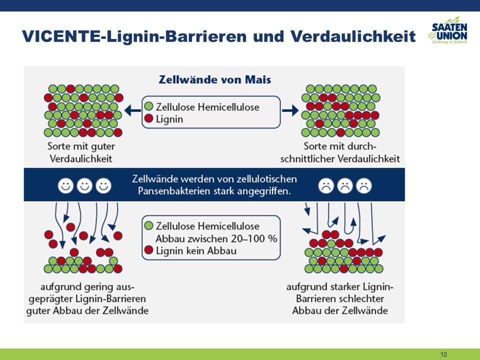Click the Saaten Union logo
[448, 30]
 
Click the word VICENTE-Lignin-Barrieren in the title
[134, 36]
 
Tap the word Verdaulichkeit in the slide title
[353, 36]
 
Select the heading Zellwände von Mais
[215, 79]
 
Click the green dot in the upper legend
[149, 106]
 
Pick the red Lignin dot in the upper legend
[149, 118]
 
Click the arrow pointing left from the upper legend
[132, 110]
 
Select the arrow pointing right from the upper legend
[290, 110]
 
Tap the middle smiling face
[84, 185]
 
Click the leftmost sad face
[326, 185]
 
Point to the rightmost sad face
[364, 185]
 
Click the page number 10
[443, 354]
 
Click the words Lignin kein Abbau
[196, 250]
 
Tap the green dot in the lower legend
[149, 225]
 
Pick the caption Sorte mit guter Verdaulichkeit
[81, 152]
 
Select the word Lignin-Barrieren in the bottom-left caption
[111, 298]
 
